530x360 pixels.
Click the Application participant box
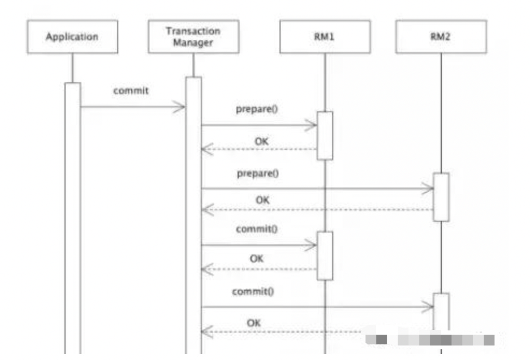72,37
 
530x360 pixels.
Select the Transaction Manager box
193,37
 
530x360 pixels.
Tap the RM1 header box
325,38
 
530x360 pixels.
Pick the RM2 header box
440,38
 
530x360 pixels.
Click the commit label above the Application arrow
131,90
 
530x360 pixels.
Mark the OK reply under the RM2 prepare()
262,200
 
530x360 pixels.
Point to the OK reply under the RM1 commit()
256,259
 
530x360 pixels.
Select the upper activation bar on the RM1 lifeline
325,135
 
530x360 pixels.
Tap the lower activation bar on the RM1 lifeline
325,255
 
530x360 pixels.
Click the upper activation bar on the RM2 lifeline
441,197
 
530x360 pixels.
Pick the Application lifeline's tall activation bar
72,215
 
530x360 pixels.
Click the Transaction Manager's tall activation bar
194,215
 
